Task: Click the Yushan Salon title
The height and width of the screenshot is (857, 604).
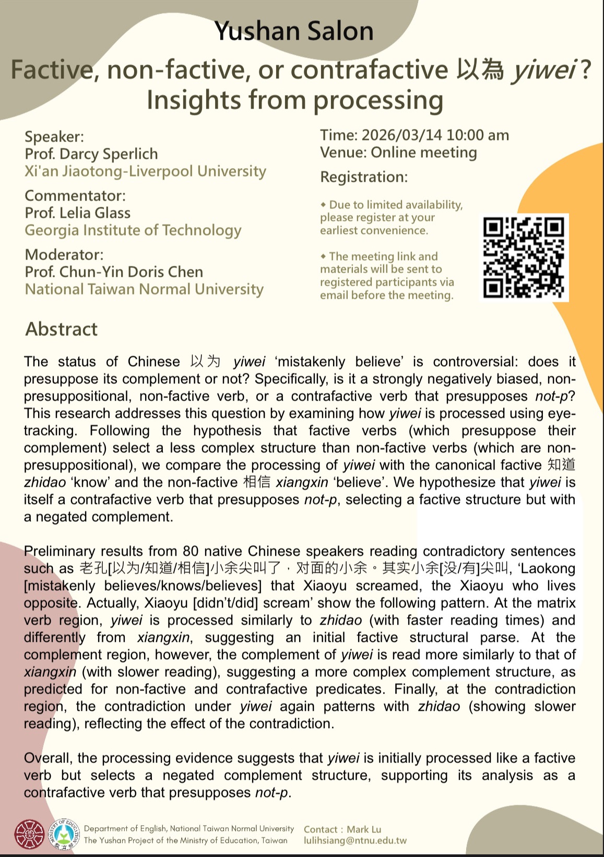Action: tap(294, 31)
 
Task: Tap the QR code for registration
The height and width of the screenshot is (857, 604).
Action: tap(524, 257)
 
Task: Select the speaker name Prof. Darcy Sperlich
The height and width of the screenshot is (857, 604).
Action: tap(91, 154)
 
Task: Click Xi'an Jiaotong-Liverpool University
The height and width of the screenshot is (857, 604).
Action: tap(145, 171)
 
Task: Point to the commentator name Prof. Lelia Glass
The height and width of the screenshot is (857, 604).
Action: tap(78, 213)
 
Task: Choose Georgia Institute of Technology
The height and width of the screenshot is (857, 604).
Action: tap(133, 230)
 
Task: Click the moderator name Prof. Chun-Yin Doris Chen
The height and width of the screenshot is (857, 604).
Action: tap(114, 272)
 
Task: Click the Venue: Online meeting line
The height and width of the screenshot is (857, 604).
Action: tap(398, 152)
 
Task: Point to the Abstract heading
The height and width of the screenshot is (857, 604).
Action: tap(62, 329)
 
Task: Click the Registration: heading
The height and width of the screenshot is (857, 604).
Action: tap(364, 177)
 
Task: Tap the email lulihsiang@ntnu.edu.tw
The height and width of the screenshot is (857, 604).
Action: tap(355, 841)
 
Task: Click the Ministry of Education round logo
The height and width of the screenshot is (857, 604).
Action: tap(64, 834)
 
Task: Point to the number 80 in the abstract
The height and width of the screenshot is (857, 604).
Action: tap(191, 551)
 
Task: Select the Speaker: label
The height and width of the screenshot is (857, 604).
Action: tap(54, 137)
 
